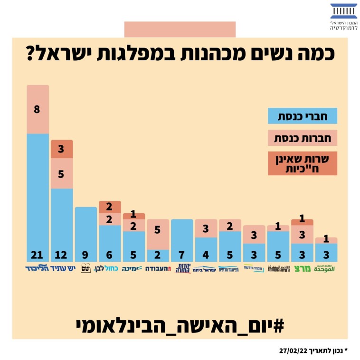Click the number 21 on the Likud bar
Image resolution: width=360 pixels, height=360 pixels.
38,255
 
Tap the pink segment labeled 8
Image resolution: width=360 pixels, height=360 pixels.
38,109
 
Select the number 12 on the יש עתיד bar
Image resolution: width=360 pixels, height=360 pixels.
62,255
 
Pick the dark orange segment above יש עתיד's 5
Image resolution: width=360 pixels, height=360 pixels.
62,149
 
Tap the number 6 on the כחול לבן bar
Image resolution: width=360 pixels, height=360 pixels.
110,255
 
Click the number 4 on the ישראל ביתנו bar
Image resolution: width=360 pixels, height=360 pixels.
206,255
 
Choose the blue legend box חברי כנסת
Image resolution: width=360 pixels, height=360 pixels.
303,116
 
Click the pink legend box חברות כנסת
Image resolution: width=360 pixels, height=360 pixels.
303,139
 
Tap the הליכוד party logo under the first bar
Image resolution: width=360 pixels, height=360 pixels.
38,269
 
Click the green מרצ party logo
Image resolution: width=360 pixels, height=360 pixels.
303,269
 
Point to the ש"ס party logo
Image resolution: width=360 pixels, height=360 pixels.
86,269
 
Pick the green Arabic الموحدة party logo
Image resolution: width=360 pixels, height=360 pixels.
327,268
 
